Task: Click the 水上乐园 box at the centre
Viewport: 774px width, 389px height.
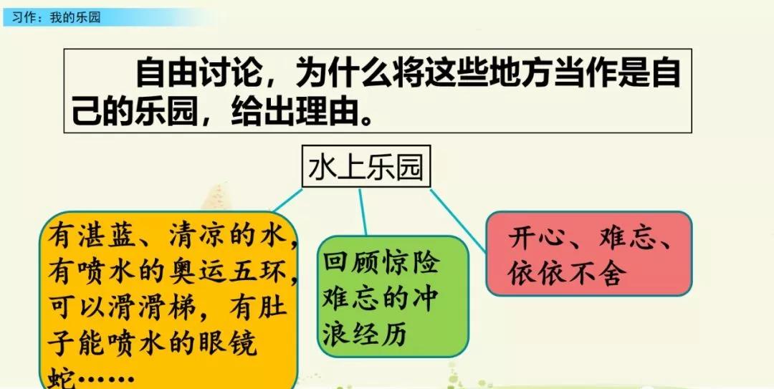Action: click(365, 168)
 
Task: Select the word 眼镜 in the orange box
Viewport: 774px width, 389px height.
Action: click(227, 345)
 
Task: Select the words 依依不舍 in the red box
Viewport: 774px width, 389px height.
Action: click(567, 274)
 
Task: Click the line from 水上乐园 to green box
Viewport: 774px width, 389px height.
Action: click(363, 212)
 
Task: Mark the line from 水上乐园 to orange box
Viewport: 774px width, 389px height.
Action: click(289, 200)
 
